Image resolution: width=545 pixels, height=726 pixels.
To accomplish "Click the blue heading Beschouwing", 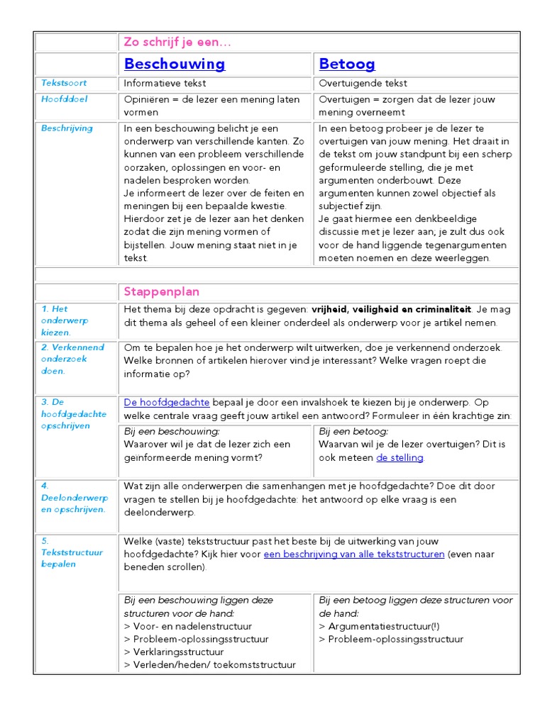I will pyautogui.click(x=174, y=64).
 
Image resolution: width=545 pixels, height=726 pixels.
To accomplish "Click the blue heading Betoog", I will pyautogui.click(x=347, y=64).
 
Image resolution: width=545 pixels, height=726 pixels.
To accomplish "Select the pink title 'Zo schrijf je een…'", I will pyautogui.click(x=177, y=42).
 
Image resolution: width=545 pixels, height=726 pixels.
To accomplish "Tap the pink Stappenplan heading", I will pyautogui.click(x=161, y=291).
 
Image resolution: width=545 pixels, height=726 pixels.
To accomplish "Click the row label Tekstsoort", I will pyautogui.click(x=63, y=83).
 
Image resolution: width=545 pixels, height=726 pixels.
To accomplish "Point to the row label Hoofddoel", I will pyautogui.click(x=64, y=99).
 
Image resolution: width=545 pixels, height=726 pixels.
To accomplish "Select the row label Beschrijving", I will pyautogui.click(x=67, y=128).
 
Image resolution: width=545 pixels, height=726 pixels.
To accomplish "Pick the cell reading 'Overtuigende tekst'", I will pyautogui.click(x=363, y=83).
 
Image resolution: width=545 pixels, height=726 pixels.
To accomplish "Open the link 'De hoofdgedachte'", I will pyautogui.click(x=166, y=402).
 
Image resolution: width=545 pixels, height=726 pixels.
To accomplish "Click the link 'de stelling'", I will pyautogui.click(x=400, y=457).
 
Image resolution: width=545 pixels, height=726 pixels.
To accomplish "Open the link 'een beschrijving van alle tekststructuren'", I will pyautogui.click(x=353, y=554).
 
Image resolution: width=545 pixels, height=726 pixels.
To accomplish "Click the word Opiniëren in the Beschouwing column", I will pyautogui.click(x=147, y=99).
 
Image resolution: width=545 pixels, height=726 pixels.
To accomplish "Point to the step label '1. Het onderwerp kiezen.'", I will pyautogui.click(x=65, y=320).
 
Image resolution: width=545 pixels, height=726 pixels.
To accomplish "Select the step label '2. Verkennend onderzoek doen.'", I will pyautogui.click(x=72, y=359).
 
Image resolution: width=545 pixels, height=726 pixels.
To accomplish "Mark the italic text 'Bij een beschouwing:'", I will pyautogui.click(x=172, y=431).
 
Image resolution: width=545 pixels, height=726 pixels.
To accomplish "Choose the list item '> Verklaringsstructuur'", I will pyautogui.click(x=174, y=652).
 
